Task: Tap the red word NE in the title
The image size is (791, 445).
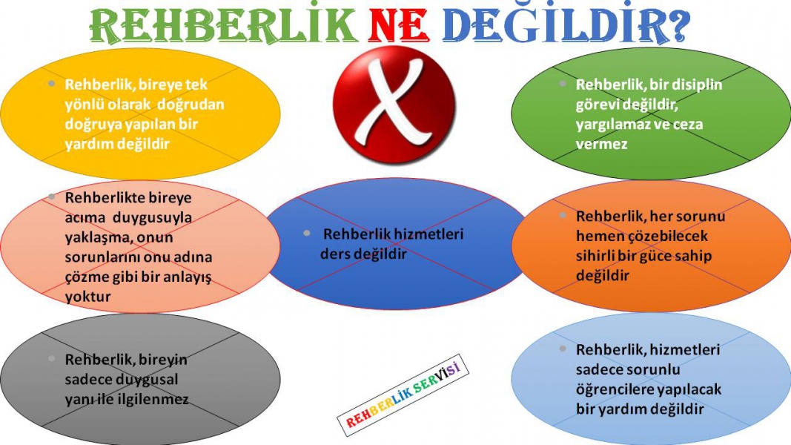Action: [x=398, y=26]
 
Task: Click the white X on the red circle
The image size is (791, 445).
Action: [x=394, y=103]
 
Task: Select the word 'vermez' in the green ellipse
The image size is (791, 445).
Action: [x=602, y=145]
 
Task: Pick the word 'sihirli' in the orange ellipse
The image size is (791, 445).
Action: [x=595, y=256]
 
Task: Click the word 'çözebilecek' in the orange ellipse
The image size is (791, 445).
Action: [x=663, y=236]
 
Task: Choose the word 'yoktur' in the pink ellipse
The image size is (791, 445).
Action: [x=87, y=296]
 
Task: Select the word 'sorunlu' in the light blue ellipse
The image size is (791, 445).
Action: [x=652, y=370]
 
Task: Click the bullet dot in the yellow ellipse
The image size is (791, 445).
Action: [x=51, y=83]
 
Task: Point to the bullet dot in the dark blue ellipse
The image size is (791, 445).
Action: [x=307, y=233]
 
